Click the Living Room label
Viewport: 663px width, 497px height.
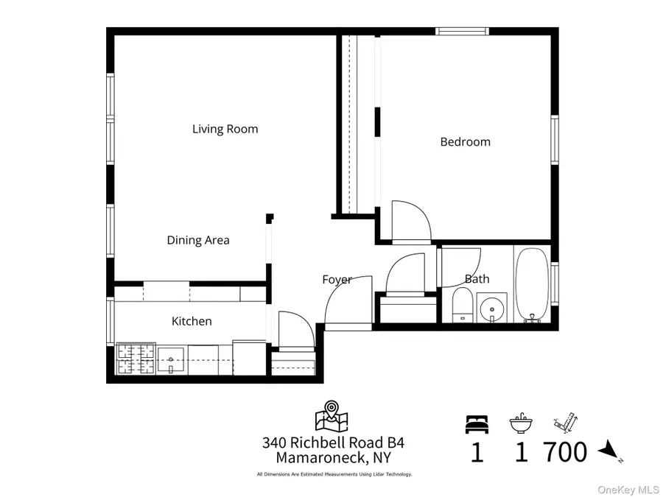[x=225, y=129]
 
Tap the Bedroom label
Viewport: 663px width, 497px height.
[x=465, y=142]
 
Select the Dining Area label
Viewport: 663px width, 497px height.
[x=198, y=240]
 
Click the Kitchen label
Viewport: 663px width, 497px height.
[x=192, y=321]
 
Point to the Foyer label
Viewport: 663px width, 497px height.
[x=336, y=280]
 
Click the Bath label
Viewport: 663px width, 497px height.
[x=477, y=279]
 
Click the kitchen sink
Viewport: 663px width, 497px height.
[x=170, y=361]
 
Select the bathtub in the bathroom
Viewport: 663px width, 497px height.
[x=530, y=286]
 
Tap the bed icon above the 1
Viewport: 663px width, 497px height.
[x=476, y=424]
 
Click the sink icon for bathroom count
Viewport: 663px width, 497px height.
[x=521, y=424]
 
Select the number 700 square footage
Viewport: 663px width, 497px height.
[x=565, y=451]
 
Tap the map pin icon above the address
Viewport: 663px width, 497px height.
[x=331, y=416]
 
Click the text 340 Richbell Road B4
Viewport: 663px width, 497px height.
[x=333, y=443]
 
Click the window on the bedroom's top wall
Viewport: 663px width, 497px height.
[x=461, y=32]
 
